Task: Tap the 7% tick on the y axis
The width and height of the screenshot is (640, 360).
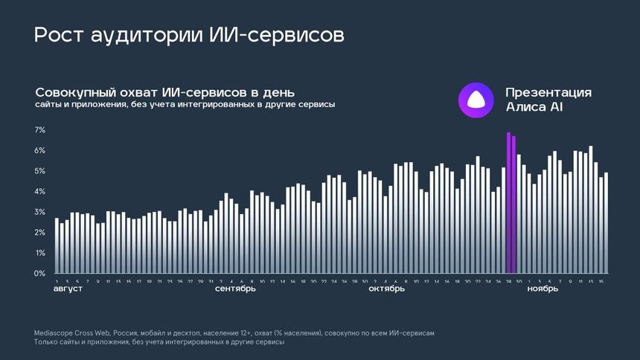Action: (x=40, y=130)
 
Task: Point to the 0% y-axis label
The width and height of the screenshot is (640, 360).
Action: (x=40, y=274)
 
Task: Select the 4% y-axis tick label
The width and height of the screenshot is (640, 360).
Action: (x=40, y=192)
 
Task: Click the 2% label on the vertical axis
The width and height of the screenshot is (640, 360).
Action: (x=40, y=233)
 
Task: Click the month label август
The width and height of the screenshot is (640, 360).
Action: (x=68, y=289)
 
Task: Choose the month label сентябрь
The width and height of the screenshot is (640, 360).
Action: (x=235, y=289)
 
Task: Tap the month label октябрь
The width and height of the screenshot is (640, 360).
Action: (x=387, y=289)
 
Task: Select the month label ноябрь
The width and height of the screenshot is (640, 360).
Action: (x=543, y=289)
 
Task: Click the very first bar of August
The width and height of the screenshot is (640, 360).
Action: (x=57, y=245)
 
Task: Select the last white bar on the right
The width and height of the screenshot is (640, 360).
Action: (x=606, y=223)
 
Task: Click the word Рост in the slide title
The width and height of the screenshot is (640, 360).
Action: (x=58, y=35)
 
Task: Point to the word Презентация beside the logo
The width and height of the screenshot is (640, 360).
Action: (x=548, y=92)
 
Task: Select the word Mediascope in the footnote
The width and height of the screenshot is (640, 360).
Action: (x=54, y=333)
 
